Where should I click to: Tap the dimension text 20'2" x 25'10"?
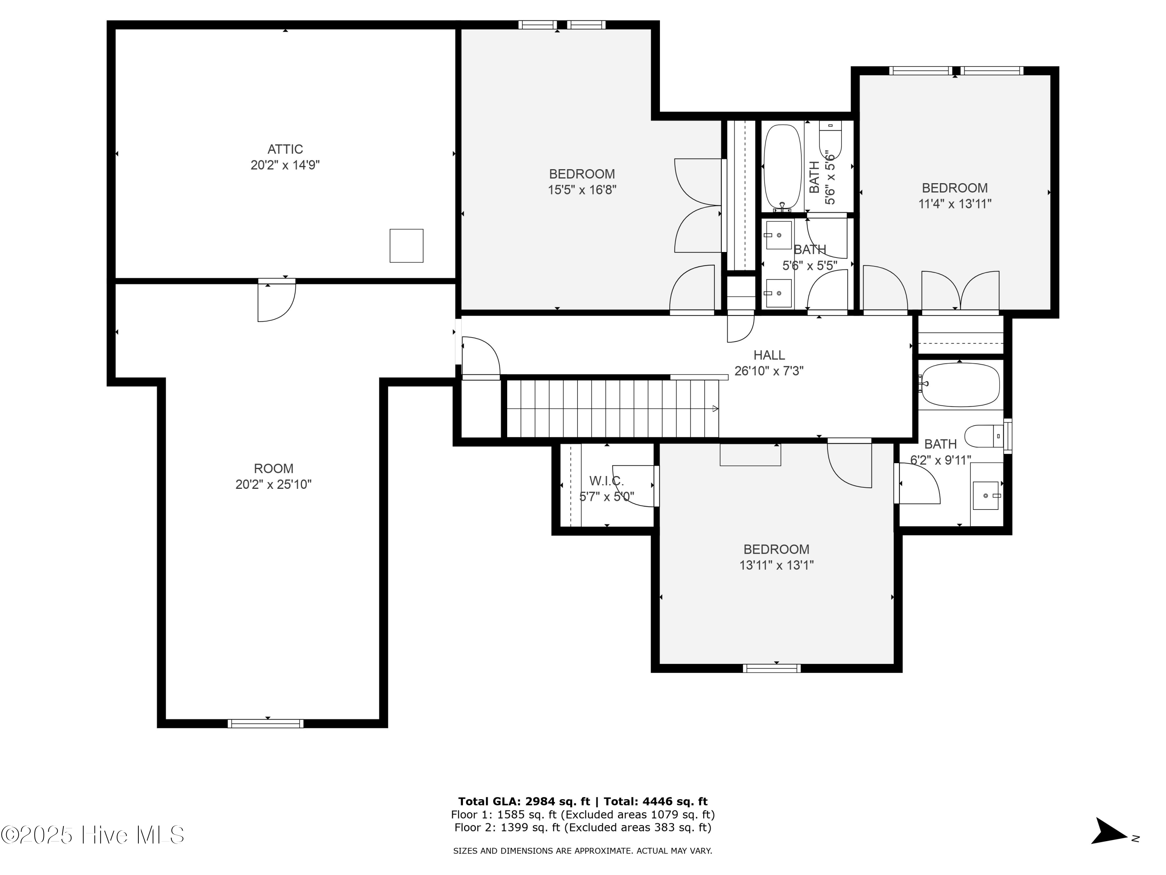point(273,484)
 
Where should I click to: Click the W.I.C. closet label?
point(606,481)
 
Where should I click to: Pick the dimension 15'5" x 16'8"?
point(582,190)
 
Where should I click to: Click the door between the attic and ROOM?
point(276,301)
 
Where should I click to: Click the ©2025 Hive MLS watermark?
point(93,835)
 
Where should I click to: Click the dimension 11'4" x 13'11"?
point(955,204)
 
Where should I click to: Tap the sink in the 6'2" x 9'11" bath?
point(985,495)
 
